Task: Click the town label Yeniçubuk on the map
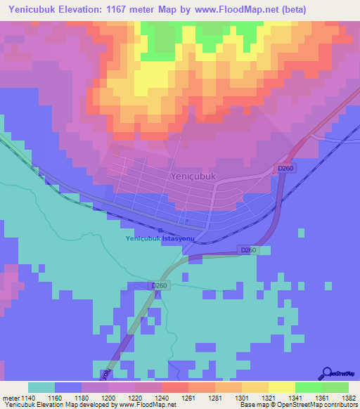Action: [193, 177]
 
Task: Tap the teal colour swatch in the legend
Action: [41, 387]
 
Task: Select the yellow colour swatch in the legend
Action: [282, 387]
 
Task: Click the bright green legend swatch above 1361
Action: [309, 387]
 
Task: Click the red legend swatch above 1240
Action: [175, 387]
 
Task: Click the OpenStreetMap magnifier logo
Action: [327, 373]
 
